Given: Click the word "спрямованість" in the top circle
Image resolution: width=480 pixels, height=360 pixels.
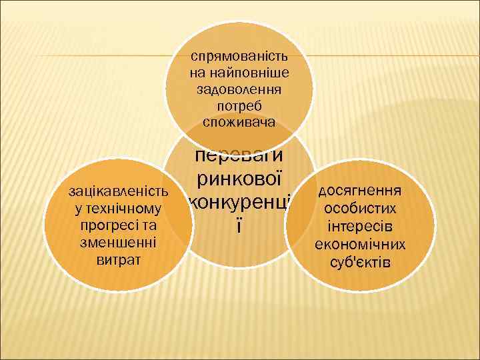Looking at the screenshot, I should click(239, 57).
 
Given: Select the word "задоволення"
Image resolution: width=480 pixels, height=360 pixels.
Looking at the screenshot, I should click(239, 89).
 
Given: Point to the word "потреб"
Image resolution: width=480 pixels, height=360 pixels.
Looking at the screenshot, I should click(239, 105).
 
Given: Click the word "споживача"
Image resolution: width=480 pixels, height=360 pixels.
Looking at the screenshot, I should click(239, 121).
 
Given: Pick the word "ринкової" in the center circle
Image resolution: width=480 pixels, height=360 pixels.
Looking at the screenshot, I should click(239, 179).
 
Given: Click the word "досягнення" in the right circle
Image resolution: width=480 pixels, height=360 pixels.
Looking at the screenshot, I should click(359, 192).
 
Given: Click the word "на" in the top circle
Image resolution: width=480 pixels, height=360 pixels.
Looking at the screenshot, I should click(198, 73).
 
